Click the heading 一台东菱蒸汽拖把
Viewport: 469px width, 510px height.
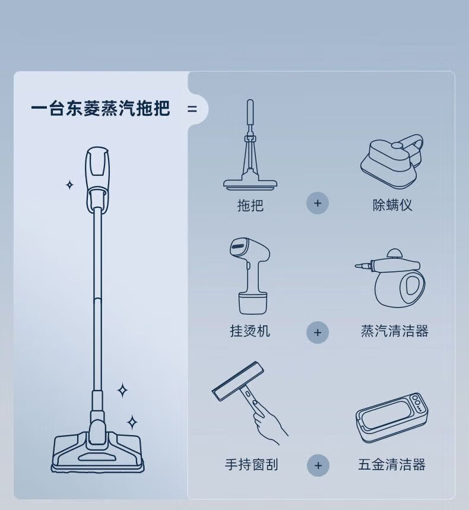pyautogui.click(x=100, y=108)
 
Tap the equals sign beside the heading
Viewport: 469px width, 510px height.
pyautogui.click(x=192, y=109)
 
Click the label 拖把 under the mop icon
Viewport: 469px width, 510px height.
pyautogui.click(x=250, y=205)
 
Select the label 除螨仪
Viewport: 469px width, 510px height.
pyautogui.click(x=392, y=205)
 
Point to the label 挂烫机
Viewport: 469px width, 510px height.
pyautogui.click(x=250, y=331)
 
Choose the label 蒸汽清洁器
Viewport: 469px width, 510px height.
pyautogui.click(x=395, y=331)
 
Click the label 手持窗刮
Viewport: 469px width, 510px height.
pyautogui.click(x=251, y=464)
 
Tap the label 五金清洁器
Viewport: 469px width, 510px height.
pyautogui.click(x=392, y=464)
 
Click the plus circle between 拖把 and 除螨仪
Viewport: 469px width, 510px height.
pyautogui.click(x=318, y=203)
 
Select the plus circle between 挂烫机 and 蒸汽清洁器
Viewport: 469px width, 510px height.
pyautogui.click(x=318, y=332)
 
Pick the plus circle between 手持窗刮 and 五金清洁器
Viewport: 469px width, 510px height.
pyautogui.click(x=318, y=465)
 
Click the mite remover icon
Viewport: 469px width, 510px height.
pyautogui.click(x=392, y=161)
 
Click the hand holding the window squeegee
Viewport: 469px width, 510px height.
pyautogui.click(x=269, y=423)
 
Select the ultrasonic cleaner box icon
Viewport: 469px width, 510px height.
pyautogui.click(x=392, y=417)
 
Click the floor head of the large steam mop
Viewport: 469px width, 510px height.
pyautogui.click(x=97, y=452)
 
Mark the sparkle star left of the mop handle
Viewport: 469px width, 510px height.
pyautogui.click(x=69, y=185)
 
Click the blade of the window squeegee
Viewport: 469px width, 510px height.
pyautogui.click(x=237, y=382)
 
